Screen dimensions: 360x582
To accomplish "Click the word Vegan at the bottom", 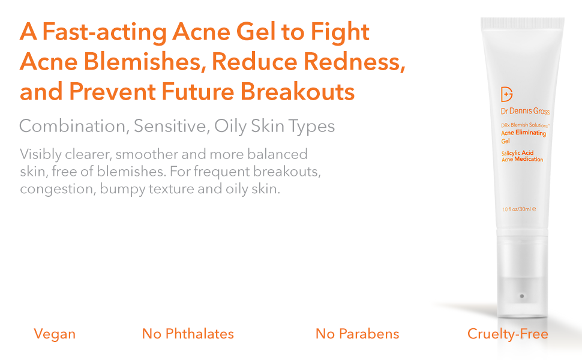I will point(55,334).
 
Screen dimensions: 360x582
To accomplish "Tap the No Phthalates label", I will point(188,334).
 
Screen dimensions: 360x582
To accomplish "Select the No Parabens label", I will point(357,334).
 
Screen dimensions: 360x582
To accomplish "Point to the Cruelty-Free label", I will point(508,334).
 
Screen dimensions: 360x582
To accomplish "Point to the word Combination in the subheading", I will point(72,127).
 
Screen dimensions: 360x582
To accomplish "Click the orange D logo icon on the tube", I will point(507,95).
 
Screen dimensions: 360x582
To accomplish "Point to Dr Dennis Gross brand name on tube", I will point(524,112).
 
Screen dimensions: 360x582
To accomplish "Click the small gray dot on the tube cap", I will point(521,296).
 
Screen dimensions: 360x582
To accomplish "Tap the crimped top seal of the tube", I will point(522,23).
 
